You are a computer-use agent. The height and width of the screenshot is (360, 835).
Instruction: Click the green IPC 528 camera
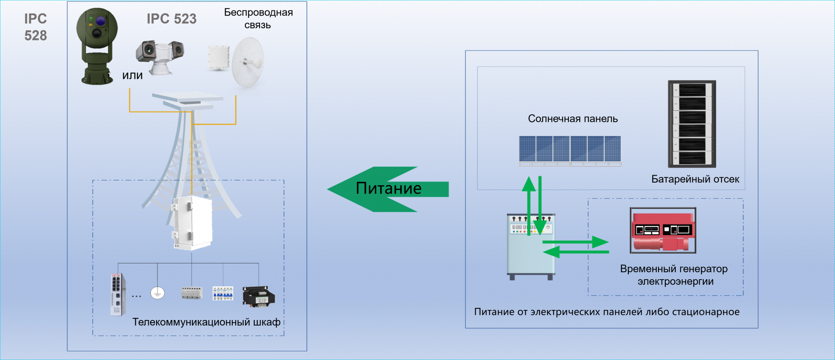click(97, 46)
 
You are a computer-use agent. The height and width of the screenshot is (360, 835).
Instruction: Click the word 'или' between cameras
click(132, 76)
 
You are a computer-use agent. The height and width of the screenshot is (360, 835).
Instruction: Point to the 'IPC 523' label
click(171, 19)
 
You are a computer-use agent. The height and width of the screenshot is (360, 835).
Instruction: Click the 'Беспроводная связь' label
click(258, 18)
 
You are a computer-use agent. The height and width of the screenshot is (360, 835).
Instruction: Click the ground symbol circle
click(157, 293)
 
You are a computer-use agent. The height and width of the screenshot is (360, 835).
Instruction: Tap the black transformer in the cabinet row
click(259, 297)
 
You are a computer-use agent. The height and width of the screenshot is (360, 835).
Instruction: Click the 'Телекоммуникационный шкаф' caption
click(206, 322)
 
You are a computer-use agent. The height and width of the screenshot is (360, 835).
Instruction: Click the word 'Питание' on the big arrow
click(388, 188)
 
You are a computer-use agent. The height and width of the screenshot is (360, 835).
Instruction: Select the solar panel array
click(570, 150)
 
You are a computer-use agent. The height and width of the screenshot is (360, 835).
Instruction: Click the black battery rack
click(691, 124)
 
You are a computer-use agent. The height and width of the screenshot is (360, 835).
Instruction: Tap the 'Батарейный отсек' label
click(695, 179)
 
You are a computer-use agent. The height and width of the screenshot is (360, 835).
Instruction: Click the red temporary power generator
click(663, 230)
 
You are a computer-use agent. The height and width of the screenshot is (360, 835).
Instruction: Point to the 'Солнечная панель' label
click(573, 119)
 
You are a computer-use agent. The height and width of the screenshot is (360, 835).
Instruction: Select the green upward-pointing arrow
click(529, 204)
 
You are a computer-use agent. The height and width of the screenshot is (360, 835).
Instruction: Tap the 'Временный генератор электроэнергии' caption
click(674, 275)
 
